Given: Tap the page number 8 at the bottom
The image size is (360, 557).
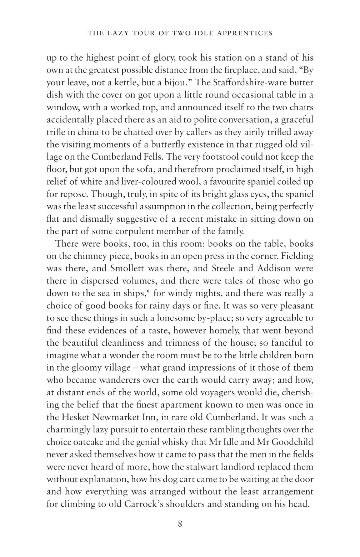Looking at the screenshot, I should [x=180, y=524].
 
